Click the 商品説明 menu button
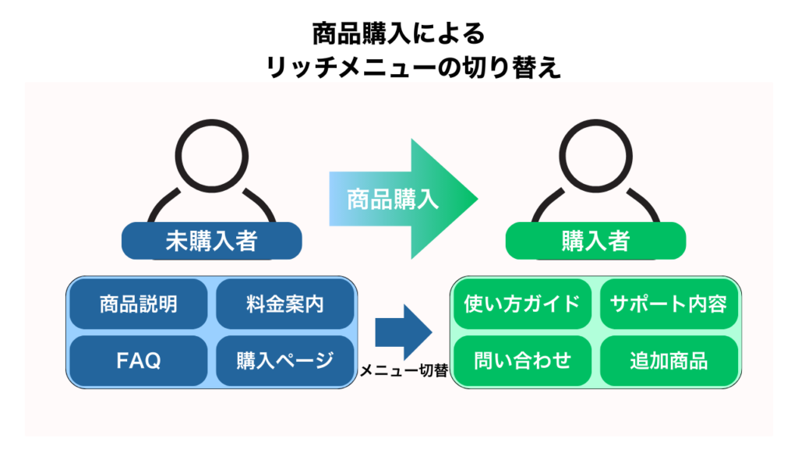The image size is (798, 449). click(x=139, y=304)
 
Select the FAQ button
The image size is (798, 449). click(x=139, y=360)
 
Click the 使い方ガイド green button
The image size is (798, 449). click(x=522, y=304)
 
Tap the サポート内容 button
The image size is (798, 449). click(x=669, y=304)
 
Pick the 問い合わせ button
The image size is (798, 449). click(x=522, y=360)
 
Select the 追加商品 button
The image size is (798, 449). click(x=669, y=360)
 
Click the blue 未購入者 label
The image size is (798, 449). click(x=211, y=241)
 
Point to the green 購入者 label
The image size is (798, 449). click(x=595, y=241)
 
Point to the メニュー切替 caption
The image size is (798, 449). click(x=403, y=372)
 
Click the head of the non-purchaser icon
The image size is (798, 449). click(x=210, y=155)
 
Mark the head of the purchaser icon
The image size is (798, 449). click(x=595, y=155)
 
